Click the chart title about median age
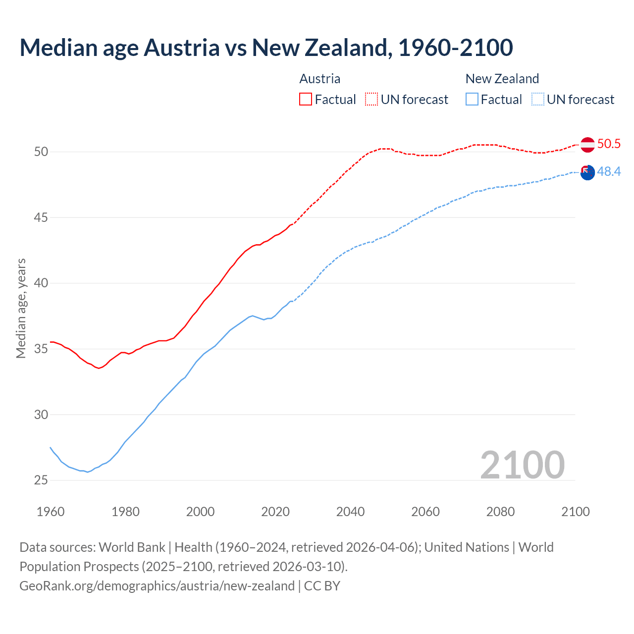tap(266, 48)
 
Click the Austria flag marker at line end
tap(587, 145)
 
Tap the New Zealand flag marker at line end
tap(587, 173)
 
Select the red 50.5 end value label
tap(609, 144)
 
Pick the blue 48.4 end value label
tap(609, 172)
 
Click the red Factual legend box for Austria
tap(306, 100)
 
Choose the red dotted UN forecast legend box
tap(371, 100)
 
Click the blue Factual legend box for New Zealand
tap(472, 100)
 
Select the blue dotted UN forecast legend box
tap(537, 100)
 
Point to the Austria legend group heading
tap(320, 79)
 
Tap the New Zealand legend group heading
tap(502, 79)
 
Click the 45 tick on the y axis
tap(41, 217)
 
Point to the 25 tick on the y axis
tap(41, 480)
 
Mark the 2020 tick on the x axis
tap(275, 512)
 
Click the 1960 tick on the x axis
tap(51, 512)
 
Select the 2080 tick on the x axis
tap(500, 512)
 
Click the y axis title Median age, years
tap(21, 308)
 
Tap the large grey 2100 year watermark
tap(522, 465)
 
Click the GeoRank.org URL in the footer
tap(157, 586)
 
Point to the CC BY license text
tap(322, 586)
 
